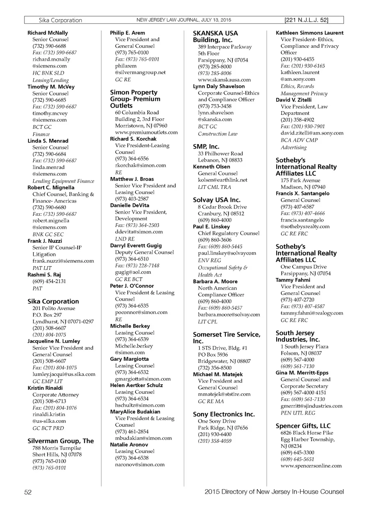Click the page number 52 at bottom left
(x=28, y=492)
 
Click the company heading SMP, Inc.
(x=206, y=147)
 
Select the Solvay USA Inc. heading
(x=216, y=200)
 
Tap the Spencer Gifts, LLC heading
(x=303, y=426)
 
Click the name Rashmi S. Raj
(x=44, y=275)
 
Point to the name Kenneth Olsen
(x=211, y=167)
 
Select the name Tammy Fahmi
(x=293, y=280)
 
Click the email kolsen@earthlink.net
(x=222, y=180)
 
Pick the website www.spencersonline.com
(x=311, y=466)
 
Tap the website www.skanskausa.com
(x=224, y=80)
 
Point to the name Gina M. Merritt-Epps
(x=302, y=373)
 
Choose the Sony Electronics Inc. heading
(x=224, y=414)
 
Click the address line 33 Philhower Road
(x=220, y=154)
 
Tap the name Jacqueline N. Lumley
(x=54, y=341)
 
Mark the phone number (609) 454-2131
(x=49, y=281)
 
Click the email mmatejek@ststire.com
(x=224, y=394)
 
